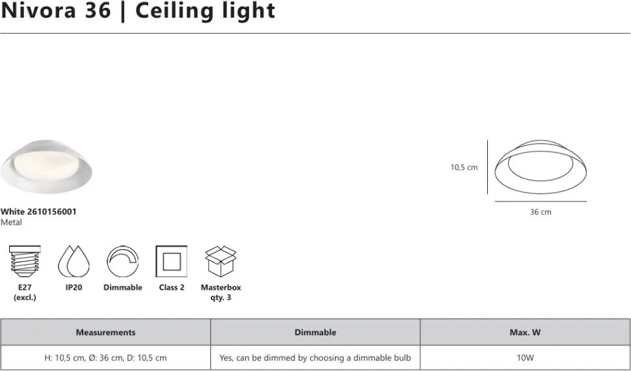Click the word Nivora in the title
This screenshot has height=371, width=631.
point(38,11)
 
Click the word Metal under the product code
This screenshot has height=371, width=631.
point(11,223)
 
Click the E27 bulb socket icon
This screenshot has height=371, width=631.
point(25,262)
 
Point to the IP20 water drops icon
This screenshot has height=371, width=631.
point(73,262)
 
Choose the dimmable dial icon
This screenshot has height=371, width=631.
point(122,262)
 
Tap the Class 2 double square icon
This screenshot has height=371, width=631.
point(171,262)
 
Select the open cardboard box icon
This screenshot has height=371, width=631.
point(221,262)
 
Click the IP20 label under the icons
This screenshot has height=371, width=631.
point(73,287)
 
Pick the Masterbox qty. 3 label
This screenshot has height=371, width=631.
point(221,292)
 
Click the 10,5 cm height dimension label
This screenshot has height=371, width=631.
point(464,167)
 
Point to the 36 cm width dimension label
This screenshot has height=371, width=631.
point(541,212)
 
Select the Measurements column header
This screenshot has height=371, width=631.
point(105,332)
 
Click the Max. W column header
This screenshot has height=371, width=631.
point(525,332)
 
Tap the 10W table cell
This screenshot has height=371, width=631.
point(525,357)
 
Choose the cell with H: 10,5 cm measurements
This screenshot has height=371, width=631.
point(105,357)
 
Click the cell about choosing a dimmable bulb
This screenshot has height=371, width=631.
point(315,357)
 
